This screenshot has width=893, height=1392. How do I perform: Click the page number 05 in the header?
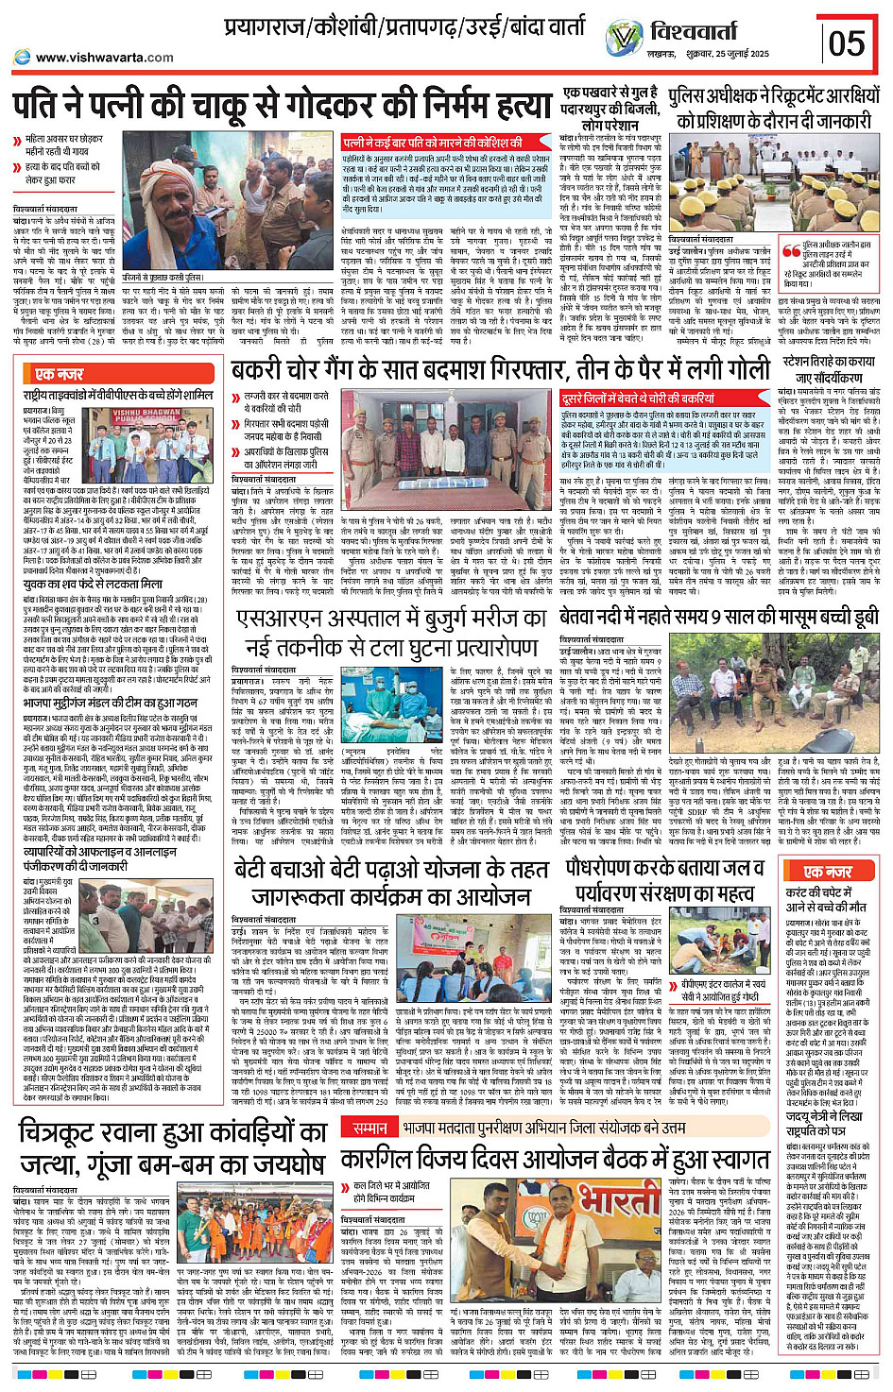(x=847, y=42)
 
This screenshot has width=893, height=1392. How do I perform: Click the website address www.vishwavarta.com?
(x=104, y=58)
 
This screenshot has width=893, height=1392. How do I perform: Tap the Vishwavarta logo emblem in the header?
(x=624, y=40)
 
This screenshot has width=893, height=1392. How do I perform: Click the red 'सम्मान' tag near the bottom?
(x=369, y=1128)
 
